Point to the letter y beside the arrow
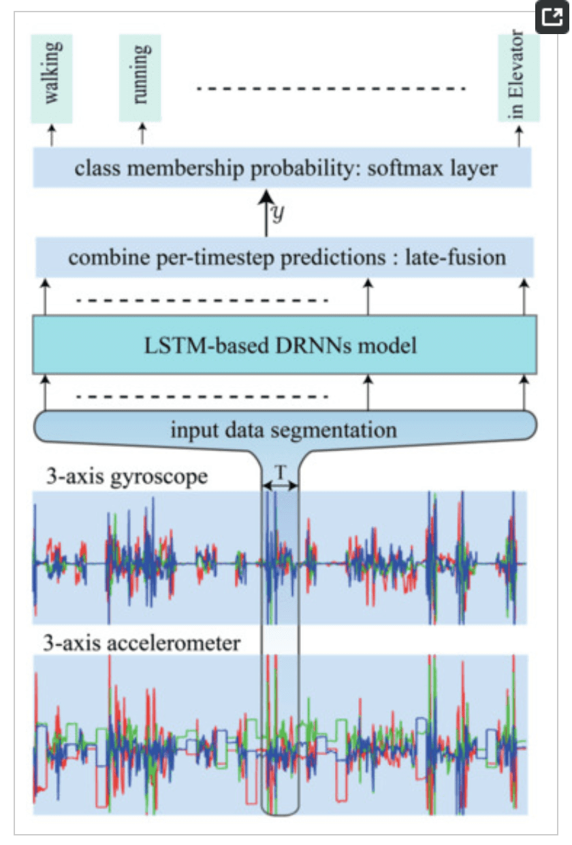(278, 213)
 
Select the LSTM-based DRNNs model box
(285, 345)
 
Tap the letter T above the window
(279, 472)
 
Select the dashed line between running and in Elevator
(330, 89)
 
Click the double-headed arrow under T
(279, 485)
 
